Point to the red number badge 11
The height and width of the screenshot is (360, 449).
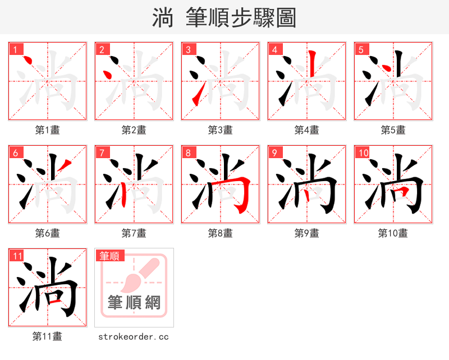coord(17,256)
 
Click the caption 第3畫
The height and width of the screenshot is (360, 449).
coord(220,130)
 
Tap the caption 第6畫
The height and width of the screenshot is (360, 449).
coord(47,233)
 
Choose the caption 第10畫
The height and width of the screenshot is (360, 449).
coord(393,233)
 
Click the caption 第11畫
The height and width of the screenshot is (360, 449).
coord(47,336)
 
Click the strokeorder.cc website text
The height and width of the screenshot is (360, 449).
coord(134,337)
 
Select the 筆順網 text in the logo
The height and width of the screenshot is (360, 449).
coord(134,303)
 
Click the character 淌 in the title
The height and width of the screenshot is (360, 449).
coord(163,18)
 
